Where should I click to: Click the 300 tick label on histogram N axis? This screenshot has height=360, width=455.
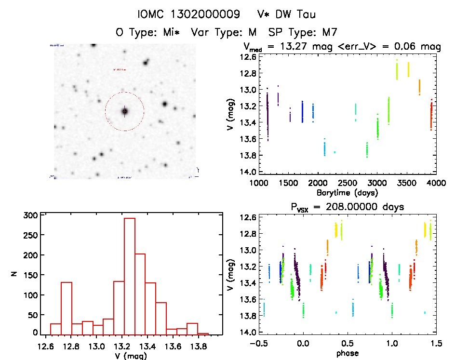30,215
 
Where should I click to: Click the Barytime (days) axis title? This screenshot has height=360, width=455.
348,193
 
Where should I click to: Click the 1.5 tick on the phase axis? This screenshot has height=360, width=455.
435,344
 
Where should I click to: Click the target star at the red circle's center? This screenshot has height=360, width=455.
125,111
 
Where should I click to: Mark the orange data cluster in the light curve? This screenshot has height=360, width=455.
419,87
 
